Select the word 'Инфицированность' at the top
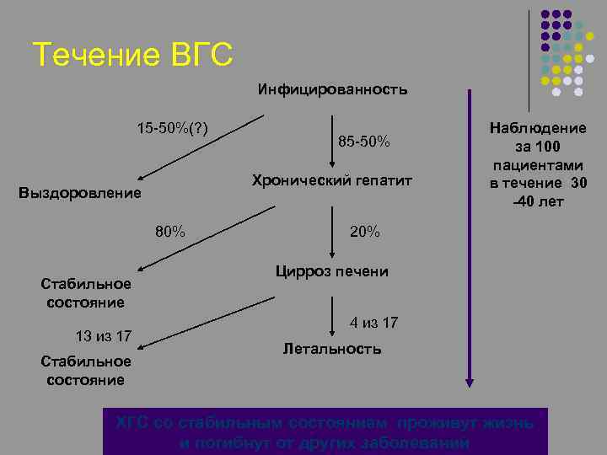332,89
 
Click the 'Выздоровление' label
80,193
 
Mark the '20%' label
364,232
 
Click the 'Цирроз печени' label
332,271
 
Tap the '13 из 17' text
103,336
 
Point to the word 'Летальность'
332,348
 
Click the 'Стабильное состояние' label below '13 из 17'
86,370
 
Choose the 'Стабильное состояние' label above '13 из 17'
86,292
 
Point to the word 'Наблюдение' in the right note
539,128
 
